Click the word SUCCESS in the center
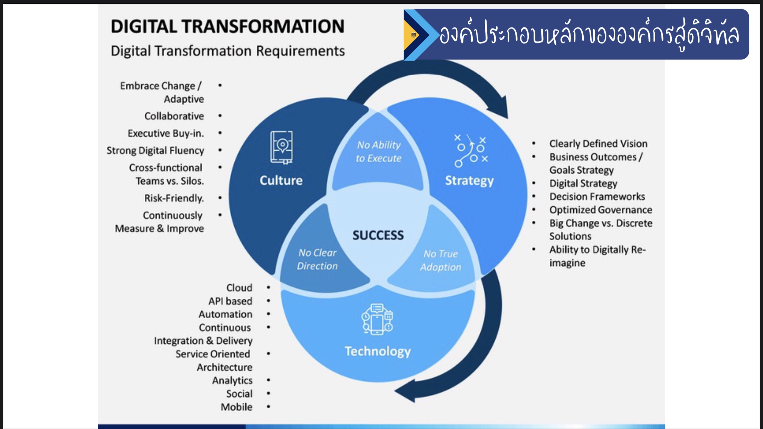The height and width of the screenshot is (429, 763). (378, 235)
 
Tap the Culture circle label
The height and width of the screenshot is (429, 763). (281, 180)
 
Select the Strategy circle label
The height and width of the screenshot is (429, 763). (469, 181)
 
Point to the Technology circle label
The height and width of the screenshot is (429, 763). (378, 351)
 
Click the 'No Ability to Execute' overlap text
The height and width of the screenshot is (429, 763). (379, 151)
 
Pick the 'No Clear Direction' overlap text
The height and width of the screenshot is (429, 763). (317, 259)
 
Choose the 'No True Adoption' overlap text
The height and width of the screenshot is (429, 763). (441, 260)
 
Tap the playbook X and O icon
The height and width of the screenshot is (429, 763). (471, 151)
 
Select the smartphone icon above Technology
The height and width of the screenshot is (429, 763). (377, 320)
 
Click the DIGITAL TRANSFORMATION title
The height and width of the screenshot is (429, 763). (227, 27)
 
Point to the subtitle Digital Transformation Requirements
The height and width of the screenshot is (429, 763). (227, 51)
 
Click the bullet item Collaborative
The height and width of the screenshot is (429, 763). (174, 116)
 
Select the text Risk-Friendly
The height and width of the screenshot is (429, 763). (174, 198)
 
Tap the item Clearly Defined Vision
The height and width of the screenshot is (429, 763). (598, 143)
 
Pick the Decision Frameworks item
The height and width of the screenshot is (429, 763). (597, 197)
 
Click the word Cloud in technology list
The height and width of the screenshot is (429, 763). (239, 288)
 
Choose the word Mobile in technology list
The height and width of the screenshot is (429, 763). (236, 407)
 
